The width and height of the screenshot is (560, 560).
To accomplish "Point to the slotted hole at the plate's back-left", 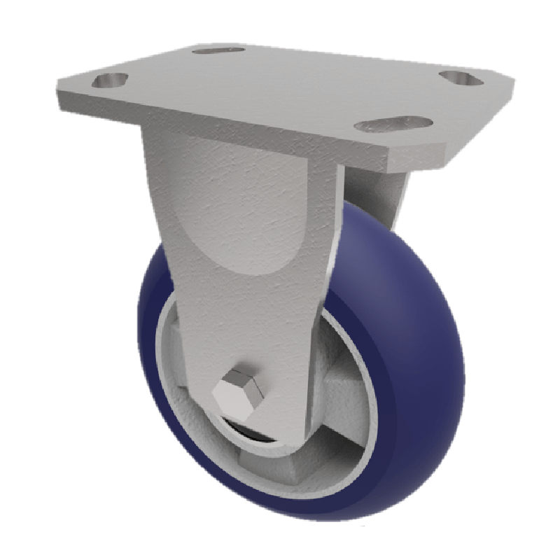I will pyautogui.click(x=218, y=50).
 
